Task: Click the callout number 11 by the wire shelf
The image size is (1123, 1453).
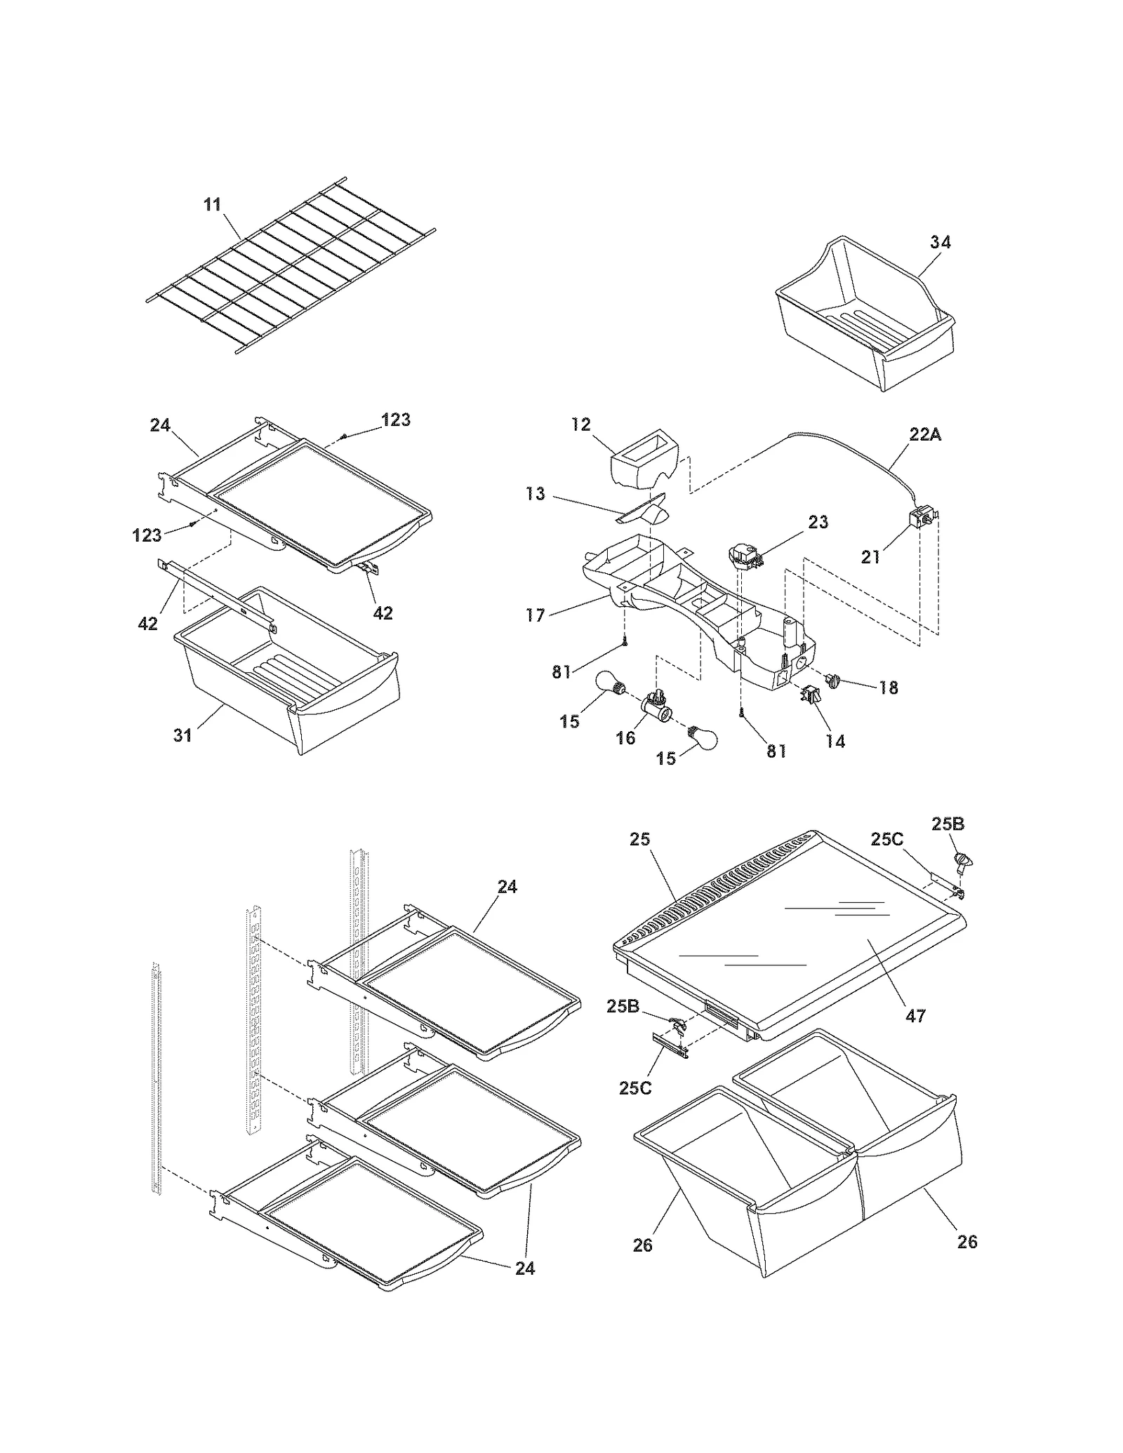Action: click(212, 204)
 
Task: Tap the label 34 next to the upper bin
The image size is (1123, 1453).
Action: click(941, 242)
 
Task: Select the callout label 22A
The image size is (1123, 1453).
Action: click(925, 434)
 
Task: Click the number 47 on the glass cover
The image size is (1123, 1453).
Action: click(916, 1015)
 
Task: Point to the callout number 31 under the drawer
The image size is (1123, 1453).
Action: click(182, 735)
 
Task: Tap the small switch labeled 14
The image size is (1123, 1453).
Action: click(809, 695)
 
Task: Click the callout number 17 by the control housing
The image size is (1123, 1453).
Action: click(535, 615)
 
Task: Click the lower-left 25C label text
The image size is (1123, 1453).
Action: click(636, 1087)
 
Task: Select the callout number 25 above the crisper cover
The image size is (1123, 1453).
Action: click(640, 839)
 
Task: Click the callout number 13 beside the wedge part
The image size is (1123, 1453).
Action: click(535, 494)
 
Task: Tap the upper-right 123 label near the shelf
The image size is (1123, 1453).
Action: click(396, 420)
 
